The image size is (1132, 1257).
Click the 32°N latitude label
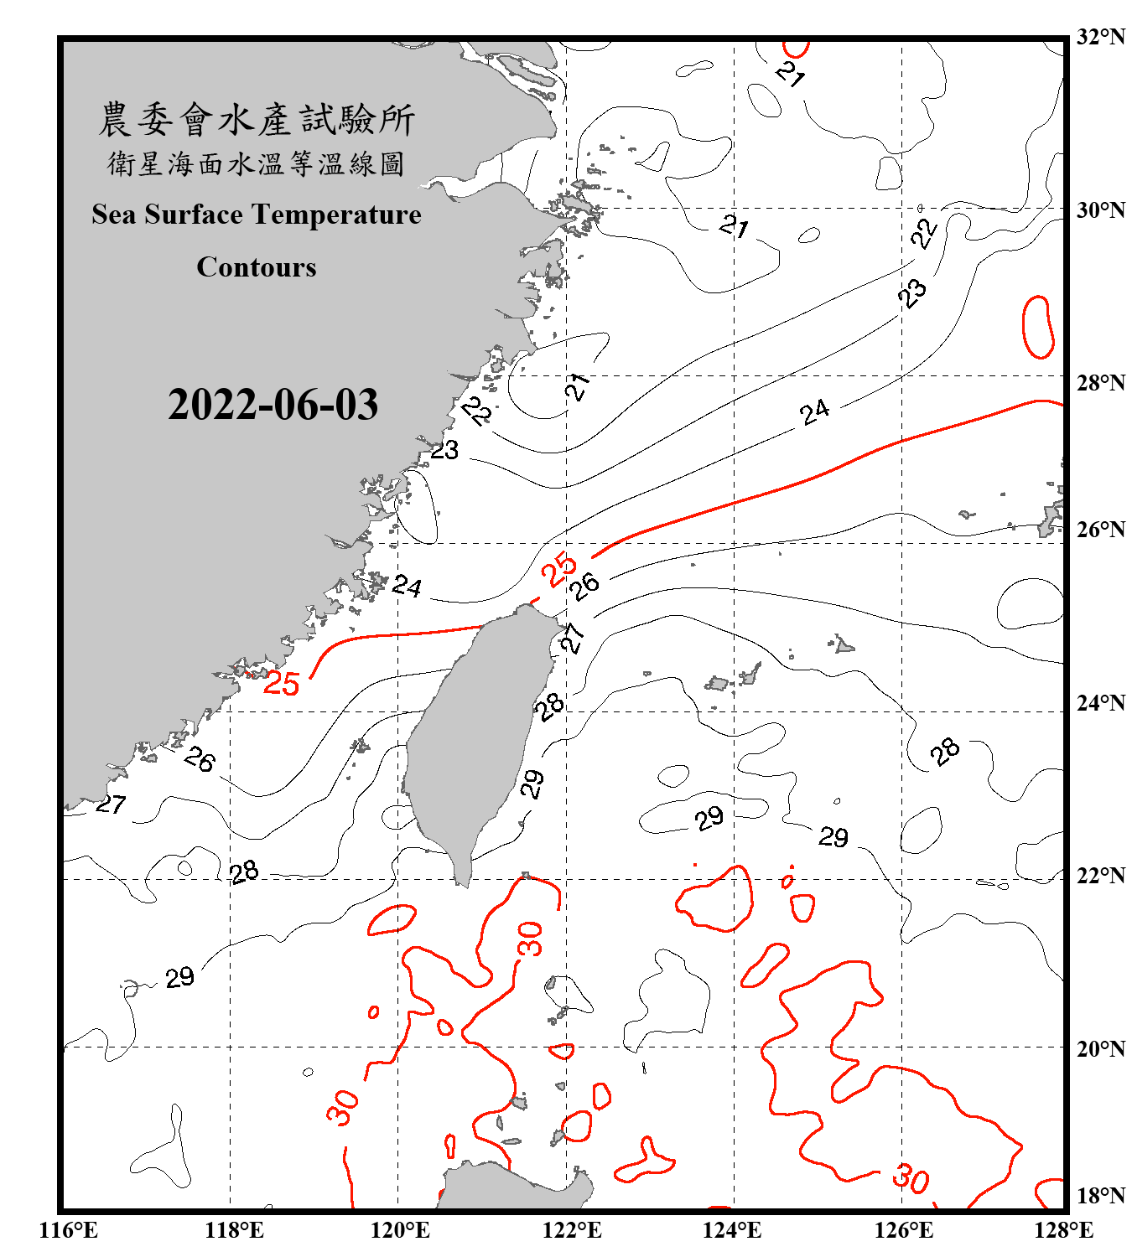(1100, 37)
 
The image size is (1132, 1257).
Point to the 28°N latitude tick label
(1100, 383)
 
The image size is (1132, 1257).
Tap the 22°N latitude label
(1100, 876)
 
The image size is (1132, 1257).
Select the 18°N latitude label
(1100, 1196)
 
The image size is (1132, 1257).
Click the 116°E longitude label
(69, 1230)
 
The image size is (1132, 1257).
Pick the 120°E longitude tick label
(400, 1230)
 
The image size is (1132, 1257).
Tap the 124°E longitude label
(732, 1230)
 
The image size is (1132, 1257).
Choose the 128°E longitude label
(1063, 1230)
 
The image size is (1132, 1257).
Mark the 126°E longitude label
(903, 1230)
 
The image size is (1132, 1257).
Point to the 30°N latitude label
(1100, 210)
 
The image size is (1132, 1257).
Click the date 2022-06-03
(273, 405)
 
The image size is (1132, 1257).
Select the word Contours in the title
(257, 267)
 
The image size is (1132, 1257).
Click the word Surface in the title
(194, 215)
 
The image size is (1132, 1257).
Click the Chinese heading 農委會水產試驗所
(257, 120)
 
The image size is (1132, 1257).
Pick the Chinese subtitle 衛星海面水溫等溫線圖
(257, 164)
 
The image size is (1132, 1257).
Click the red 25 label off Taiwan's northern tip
(558, 570)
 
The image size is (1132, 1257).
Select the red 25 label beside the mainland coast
(282, 683)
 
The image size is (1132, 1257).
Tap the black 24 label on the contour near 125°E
(814, 411)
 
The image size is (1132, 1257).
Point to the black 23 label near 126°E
(912, 293)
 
